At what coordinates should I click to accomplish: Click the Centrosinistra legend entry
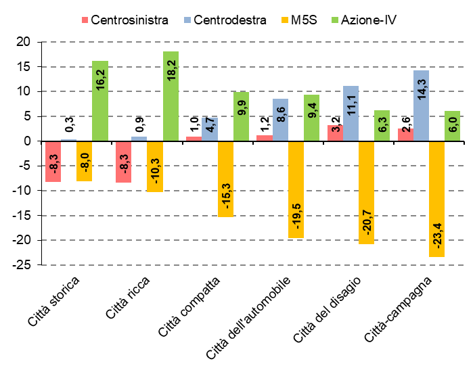[125, 20]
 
